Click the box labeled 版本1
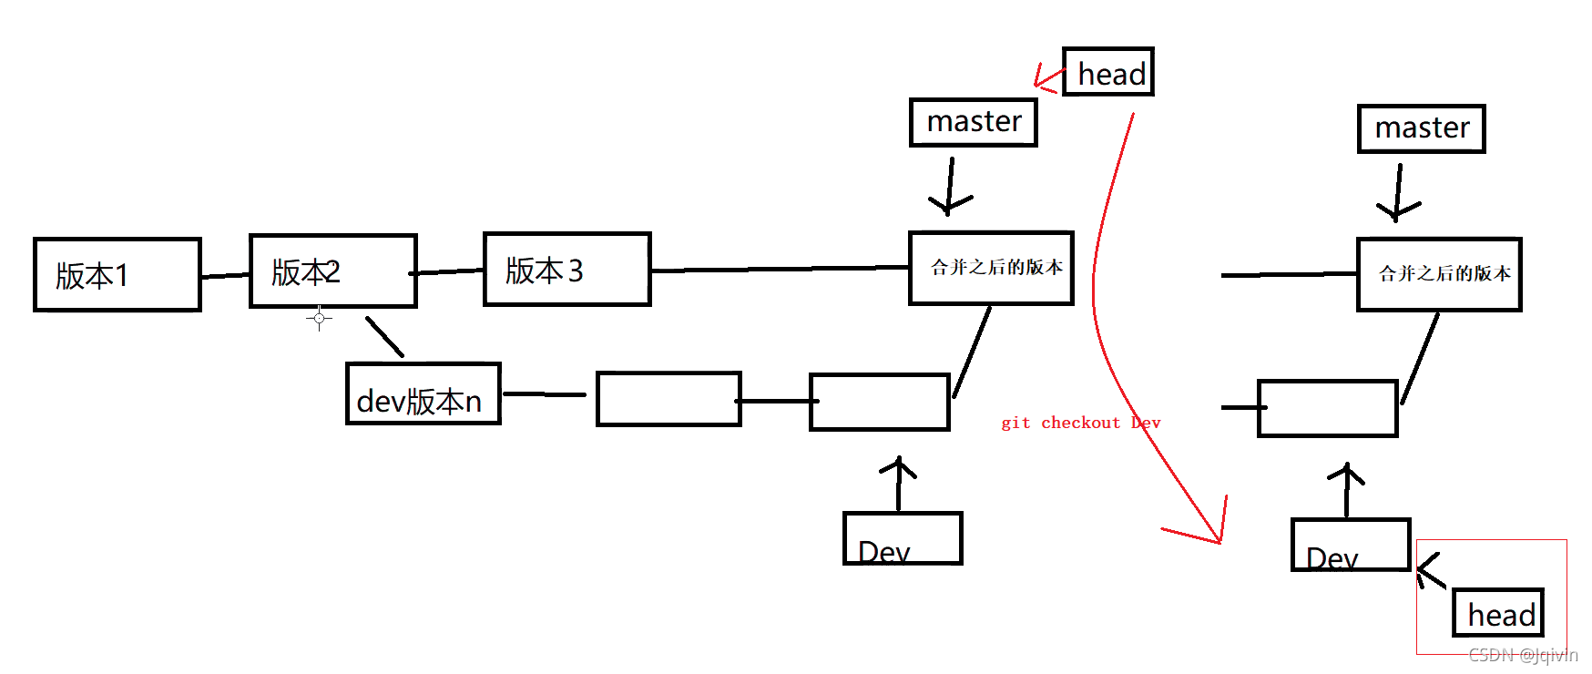[x=117, y=275]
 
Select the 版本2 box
[x=333, y=271]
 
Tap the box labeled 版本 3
[x=566, y=270]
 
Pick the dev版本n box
[x=424, y=394]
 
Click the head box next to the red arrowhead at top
[x=1108, y=72]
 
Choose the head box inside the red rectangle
[x=1498, y=613]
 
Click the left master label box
[x=974, y=122]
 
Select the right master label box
[x=1422, y=128]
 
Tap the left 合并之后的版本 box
[x=992, y=268]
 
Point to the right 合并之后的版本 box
[x=1439, y=274]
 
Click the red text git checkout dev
[x=1080, y=423]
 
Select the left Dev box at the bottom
[x=903, y=539]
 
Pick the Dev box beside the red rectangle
[x=1351, y=546]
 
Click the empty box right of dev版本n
[x=668, y=399]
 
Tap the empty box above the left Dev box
[x=880, y=402]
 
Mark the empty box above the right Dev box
[x=1328, y=408]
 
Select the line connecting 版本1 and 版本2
[x=225, y=275]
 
